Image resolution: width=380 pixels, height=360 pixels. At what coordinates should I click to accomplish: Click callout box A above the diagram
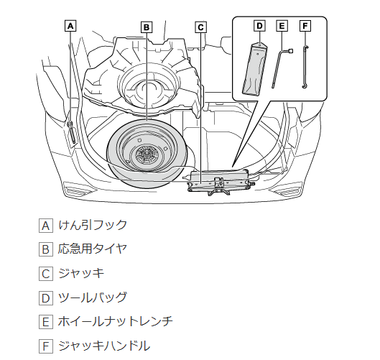[70, 26]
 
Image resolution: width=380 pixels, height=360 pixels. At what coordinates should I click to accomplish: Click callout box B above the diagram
[147, 27]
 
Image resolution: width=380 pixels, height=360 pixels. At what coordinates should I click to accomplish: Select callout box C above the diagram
[200, 27]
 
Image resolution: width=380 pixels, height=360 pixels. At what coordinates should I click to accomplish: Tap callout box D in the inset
[259, 26]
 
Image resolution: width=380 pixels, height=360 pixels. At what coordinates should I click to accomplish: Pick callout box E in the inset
[282, 26]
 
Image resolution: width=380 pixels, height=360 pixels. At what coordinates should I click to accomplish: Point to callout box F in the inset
[305, 26]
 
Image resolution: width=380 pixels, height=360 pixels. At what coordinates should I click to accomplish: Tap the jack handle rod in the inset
[304, 67]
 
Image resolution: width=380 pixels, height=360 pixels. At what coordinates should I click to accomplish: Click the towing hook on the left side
[72, 133]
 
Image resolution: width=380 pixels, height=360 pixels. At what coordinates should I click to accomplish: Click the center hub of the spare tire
[146, 154]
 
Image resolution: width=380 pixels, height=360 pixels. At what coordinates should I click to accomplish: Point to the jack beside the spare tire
[219, 183]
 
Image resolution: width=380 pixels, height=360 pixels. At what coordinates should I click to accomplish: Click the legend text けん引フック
[93, 225]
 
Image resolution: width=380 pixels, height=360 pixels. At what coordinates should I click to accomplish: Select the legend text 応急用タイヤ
[93, 249]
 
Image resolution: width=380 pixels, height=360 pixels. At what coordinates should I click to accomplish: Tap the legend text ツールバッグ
[93, 297]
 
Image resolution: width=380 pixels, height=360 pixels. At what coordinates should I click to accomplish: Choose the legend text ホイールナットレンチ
[116, 321]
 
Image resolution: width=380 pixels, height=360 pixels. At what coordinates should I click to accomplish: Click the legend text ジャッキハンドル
[104, 346]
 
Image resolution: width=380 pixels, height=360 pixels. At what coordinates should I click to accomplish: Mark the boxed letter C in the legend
[46, 274]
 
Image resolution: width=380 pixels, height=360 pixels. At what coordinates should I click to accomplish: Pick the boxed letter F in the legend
[46, 346]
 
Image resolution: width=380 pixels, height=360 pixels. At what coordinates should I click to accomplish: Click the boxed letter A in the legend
[46, 226]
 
